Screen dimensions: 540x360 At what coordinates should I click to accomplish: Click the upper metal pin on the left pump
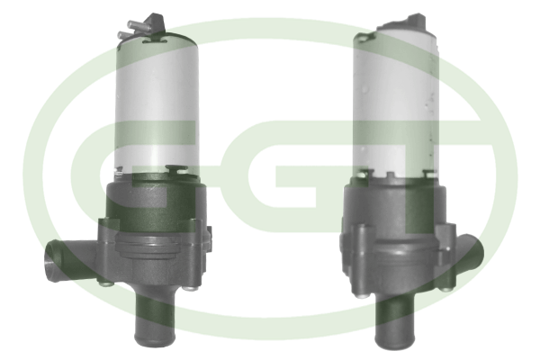[137, 25]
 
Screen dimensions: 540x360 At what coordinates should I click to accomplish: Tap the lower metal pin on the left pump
[127, 35]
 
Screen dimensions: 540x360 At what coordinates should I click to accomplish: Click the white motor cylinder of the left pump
[157, 103]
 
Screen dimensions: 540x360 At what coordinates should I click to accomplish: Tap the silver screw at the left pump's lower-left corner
[105, 283]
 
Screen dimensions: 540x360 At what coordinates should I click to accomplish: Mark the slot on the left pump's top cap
[155, 41]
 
